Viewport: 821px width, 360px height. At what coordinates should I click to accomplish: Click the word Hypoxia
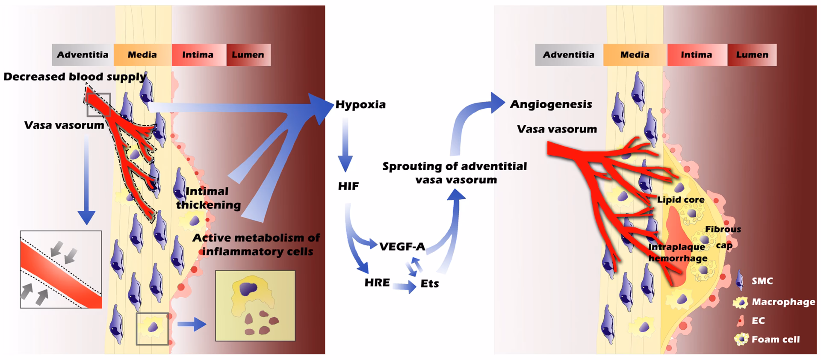360,104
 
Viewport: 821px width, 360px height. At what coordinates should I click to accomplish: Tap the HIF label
348,186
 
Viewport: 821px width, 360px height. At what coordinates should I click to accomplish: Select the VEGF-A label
402,246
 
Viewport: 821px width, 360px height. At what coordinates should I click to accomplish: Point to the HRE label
377,283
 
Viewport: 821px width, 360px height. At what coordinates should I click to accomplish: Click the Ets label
430,283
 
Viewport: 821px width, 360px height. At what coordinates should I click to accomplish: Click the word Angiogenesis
551,104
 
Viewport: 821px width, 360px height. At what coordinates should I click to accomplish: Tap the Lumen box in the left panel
248,55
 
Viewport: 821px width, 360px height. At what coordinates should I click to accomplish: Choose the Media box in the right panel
635,55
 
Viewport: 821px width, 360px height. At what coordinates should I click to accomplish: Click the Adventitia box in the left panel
83,55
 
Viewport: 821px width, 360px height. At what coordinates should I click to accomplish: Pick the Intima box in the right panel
696,55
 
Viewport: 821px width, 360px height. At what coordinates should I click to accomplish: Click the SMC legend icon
740,280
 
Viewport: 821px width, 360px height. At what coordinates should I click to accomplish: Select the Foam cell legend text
776,339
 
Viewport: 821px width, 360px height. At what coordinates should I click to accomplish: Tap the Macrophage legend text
783,302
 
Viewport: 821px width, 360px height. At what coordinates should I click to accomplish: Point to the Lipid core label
680,200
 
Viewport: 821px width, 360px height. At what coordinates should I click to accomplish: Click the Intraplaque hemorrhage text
677,253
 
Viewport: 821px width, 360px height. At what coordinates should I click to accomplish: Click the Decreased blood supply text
75,77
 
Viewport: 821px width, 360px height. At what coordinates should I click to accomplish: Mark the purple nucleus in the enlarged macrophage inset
246,289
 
